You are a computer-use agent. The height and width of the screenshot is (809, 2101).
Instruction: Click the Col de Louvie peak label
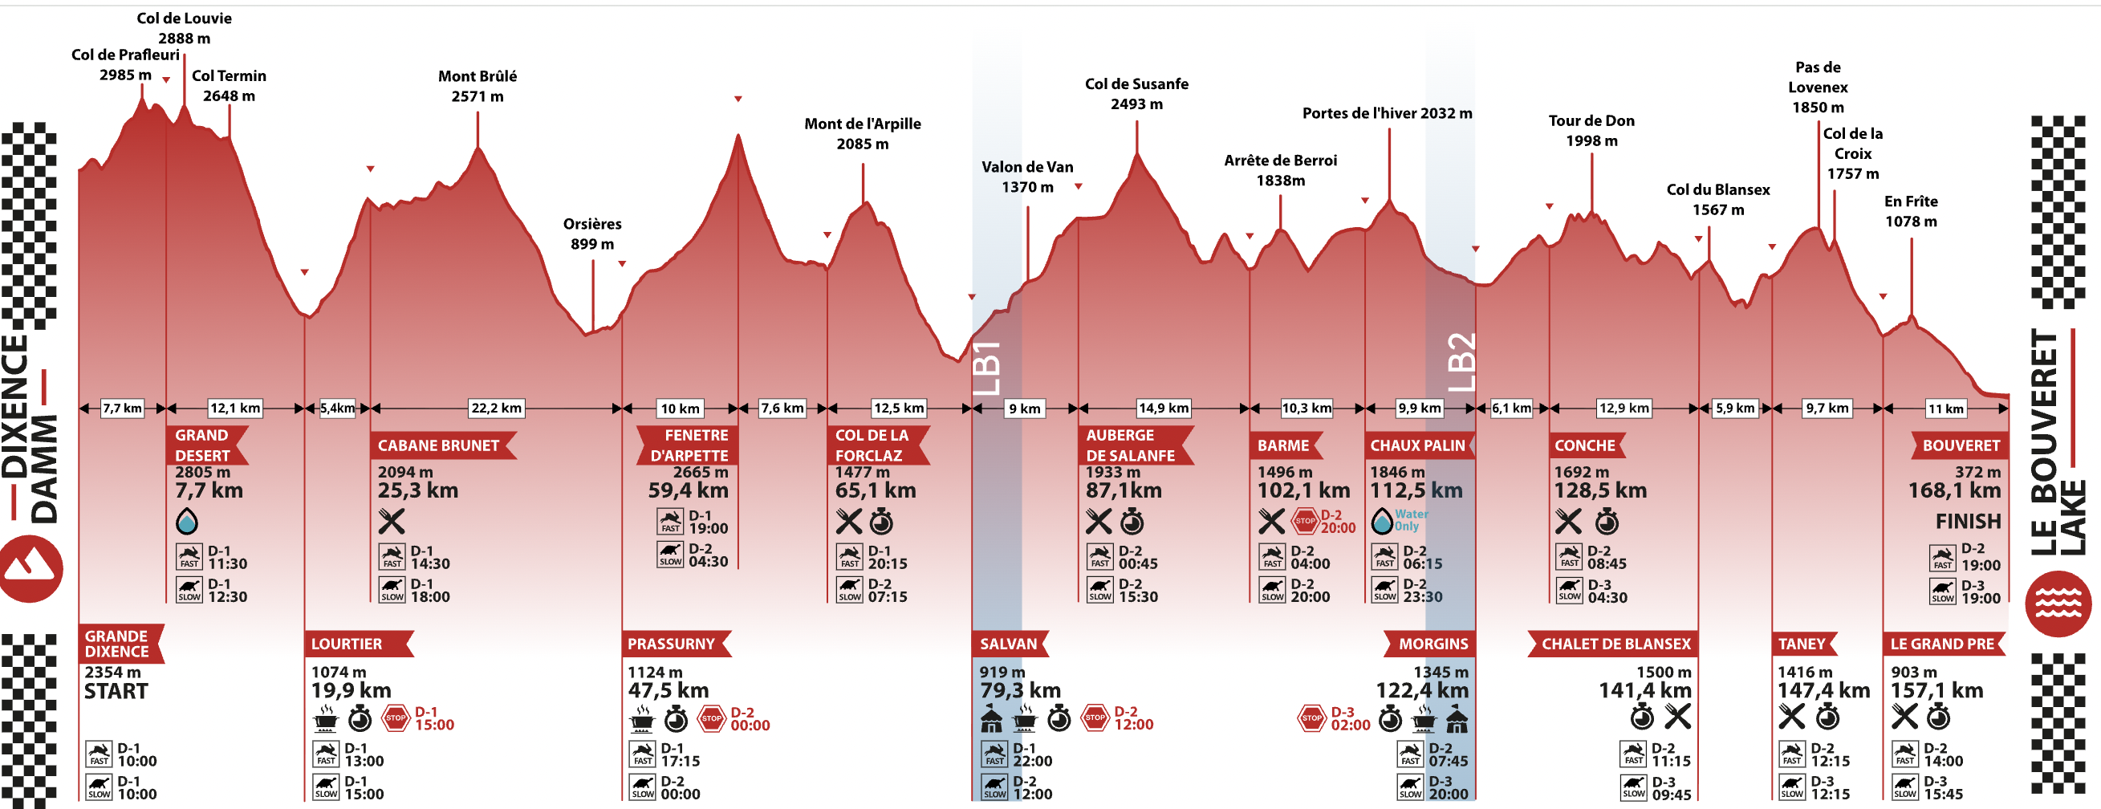point(185,28)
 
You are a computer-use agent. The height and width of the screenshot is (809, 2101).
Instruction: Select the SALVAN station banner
point(1009,644)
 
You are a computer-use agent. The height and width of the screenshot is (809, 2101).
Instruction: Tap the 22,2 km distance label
point(496,408)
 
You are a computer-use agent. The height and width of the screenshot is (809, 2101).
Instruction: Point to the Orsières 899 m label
point(592,234)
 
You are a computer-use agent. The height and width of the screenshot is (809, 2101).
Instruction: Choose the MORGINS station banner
point(1432,644)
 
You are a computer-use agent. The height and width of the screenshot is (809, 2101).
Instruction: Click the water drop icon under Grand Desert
point(187,521)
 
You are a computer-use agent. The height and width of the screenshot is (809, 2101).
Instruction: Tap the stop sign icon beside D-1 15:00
point(396,718)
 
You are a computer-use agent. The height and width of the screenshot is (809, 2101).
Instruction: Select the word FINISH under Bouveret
point(1968,521)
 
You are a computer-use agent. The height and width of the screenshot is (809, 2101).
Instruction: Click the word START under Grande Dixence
point(116,691)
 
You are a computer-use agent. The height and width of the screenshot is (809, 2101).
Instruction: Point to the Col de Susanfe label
point(1136,93)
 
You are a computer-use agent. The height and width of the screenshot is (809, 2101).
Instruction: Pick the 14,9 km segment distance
point(1163,408)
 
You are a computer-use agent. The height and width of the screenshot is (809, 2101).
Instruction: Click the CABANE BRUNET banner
point(439,445)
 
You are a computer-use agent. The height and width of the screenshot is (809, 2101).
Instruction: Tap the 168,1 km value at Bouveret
point(1954,490)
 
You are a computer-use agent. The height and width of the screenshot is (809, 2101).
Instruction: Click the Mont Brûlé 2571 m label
point(477,86)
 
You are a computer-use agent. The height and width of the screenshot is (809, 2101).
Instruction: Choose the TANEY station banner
point(1802,644)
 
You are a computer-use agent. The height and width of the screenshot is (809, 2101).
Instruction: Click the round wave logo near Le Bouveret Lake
point(2058,604)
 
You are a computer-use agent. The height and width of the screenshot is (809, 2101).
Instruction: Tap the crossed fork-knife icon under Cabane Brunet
point(392,521)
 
